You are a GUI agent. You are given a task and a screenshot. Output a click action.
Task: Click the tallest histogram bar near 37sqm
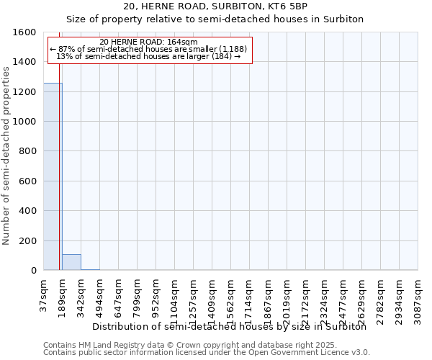click(x=53, y=176)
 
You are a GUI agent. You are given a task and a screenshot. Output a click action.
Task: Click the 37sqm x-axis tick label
click(x=44, y=294)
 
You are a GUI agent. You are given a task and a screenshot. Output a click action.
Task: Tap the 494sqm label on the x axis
click(x=100, y=295)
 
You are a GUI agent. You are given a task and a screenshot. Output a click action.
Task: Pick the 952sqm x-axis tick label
click(x=156, y=295)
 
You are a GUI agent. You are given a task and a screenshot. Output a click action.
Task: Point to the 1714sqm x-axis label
click(x=250, y=297)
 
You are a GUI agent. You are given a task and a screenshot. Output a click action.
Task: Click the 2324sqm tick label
click(x=325, y=297)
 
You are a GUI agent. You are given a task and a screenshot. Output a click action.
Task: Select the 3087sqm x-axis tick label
click(x=418, y=297)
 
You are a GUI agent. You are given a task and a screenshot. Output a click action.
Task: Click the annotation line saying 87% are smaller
click(x=148, y=49)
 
